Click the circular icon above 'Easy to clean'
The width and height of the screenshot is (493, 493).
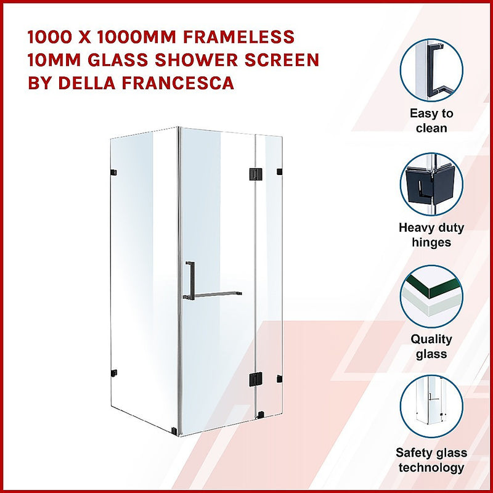(x=431, y=70)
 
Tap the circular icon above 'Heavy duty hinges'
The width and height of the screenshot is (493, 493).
(x=431, y=184)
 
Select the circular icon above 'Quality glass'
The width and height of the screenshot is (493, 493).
(x=431, y=296)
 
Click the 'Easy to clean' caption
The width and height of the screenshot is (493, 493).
(x=431, y=121)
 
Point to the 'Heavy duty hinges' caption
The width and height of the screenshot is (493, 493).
(x=431, y=235)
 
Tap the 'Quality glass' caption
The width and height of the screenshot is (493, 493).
(x=431, y=346)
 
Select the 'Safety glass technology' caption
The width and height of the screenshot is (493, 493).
(x=431, y=460)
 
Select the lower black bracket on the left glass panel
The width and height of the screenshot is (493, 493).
(x=113, y=372)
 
